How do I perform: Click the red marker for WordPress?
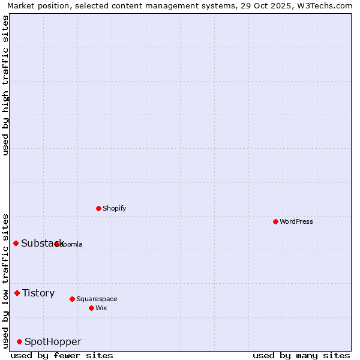pos(275,221)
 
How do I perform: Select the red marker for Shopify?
pos(98,208)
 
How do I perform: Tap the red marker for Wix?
pos(91,308)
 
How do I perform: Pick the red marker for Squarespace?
pos(72,299)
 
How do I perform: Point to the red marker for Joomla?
pos(56,244)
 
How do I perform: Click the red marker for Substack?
pos(16,243)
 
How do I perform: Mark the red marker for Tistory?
pos(17,293)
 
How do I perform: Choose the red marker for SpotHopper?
pos(19,341)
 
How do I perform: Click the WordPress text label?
pos(296,221)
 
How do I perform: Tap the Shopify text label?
pos(115,208)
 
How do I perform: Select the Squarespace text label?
pos(97,299)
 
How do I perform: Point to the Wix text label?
pos(101,308)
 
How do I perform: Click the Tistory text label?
pos(38,293)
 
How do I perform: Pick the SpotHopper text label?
pos(53,341)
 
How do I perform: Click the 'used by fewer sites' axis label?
pos(62,355)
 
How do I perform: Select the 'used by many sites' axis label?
pos(301,355)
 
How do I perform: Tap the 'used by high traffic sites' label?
pos(5,85)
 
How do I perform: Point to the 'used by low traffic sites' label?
pos(5,281)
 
